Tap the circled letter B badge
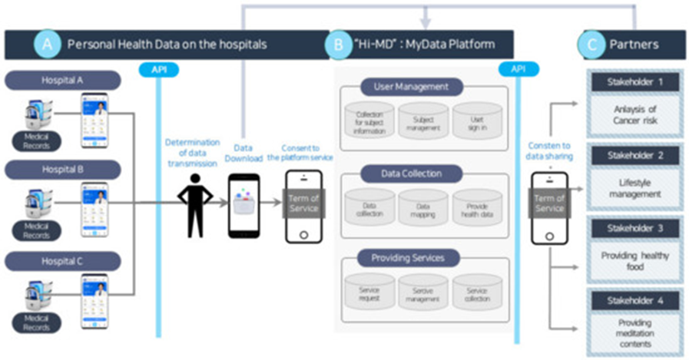click(x=338, y=45)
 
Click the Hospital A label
click(x=63, y=80)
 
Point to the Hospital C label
click(x=63, y=261)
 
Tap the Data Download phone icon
click(x=243, y=205)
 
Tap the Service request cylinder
click(x=370, y=293)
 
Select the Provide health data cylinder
click(x=475, y=210)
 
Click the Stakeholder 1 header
click(x=635, y=81)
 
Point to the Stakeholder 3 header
click(x=635, y=228)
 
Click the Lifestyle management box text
click(x=635, y=189)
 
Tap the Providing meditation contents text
click(x=635, y=335)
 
